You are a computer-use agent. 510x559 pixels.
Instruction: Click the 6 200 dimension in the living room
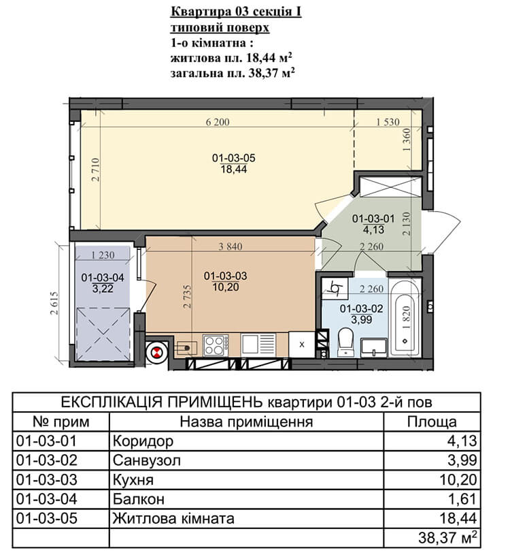pyautogui.click(x=217, y=122)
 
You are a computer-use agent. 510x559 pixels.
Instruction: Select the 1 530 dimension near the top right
pyautogui.click(x=388, y=122)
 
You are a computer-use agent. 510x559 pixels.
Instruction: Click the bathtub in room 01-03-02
pyautogui.click(x=404, y=318)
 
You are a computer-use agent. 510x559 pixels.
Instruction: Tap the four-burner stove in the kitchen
pyautogui.click(x=216, y=345)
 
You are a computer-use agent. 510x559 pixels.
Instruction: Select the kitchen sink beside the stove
pyautogui.click(x=258, y=345)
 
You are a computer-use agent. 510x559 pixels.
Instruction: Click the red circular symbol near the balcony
pyautogui.click(x=155, y=353)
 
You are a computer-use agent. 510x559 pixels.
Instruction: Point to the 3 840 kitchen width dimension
pyautogui.click(x=230, y=246)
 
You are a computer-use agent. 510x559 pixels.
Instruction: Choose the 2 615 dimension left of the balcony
pyautogui.click(x=54, y=303)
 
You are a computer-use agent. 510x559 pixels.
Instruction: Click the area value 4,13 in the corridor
pyautogui.click(x=373, y=229)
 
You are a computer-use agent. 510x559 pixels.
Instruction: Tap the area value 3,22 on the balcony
pyautogui.click(x=103, y=289)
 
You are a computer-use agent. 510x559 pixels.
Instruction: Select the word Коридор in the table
pyautogui.click(x=143, y=441)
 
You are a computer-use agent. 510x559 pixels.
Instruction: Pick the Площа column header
pyautogui.click(x=432, y=421)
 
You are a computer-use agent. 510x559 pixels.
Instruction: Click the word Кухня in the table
pyautogui.click(x=133, y=480)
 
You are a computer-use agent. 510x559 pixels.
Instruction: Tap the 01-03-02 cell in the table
pyautogui.click(x=47, y=460)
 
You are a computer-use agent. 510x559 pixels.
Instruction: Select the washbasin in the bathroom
pyautogui.click(x=373, y=348)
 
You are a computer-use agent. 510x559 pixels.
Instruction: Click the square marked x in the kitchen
pyautogui.click(x=302, y=345)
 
